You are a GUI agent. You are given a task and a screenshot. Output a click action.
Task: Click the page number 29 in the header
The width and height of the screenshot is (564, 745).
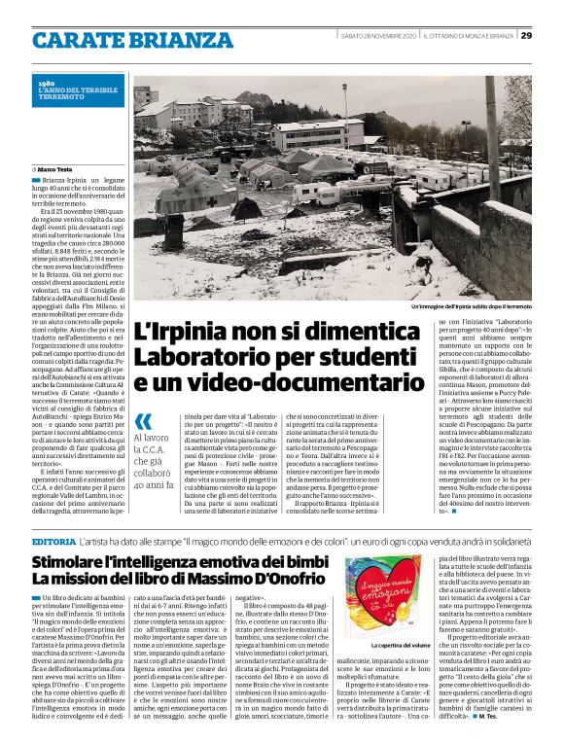526,36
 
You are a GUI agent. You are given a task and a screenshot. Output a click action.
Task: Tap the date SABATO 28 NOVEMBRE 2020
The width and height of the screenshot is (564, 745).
378,36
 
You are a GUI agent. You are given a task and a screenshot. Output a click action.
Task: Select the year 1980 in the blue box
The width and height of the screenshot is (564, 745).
46,85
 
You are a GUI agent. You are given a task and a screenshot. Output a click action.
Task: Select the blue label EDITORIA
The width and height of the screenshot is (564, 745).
54,541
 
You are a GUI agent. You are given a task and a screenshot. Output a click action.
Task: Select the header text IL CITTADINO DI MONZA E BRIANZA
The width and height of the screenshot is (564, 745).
469,36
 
